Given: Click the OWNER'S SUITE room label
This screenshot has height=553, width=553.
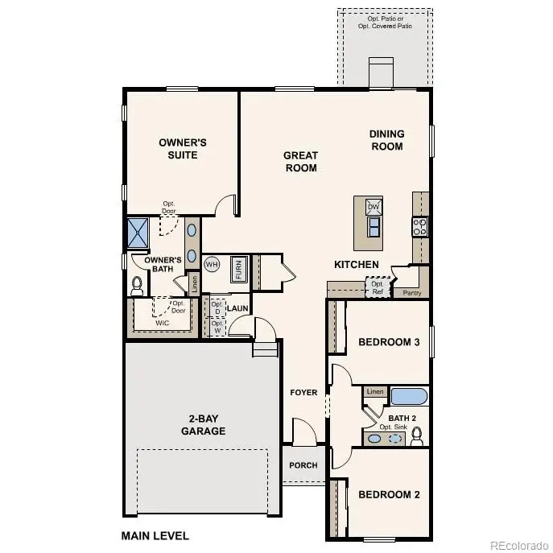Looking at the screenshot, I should click(183, 148).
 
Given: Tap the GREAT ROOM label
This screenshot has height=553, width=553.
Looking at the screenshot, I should click(300, 162).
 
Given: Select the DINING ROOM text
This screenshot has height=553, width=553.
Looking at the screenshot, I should click(386, 140).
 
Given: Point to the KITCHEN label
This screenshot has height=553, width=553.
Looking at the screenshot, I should click(357, 264).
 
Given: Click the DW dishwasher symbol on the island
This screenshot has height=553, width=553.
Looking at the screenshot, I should click(373, 207).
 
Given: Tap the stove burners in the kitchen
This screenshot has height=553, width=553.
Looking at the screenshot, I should click(419, 226).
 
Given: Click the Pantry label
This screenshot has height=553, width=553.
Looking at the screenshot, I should click(411, 294).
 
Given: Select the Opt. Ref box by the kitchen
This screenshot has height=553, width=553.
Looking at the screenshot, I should click(378, 287).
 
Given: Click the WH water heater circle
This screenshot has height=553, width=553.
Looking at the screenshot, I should click(212, 264).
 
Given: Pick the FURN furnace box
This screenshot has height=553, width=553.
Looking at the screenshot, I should click(239, 269).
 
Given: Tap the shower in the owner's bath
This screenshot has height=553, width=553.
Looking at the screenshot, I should click(141, 233).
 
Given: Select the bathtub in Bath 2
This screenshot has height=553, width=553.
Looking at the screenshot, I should click(409, 396).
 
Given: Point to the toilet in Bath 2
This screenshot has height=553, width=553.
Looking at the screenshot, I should click(417, 435).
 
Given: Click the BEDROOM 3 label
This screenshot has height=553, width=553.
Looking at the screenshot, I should click(389, 342).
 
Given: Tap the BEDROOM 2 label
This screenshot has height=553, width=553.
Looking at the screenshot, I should click(389, 494).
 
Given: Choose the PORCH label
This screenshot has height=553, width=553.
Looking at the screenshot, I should click(303, 465).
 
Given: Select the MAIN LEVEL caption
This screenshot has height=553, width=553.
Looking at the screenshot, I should click(155, 534).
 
